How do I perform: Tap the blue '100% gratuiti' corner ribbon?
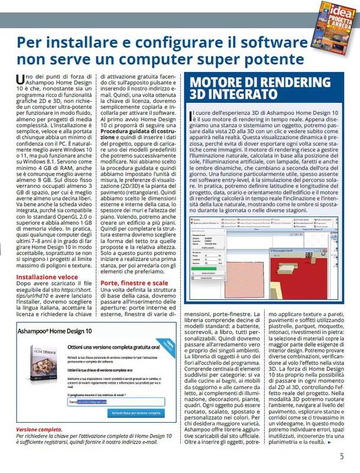click(169, 344)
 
